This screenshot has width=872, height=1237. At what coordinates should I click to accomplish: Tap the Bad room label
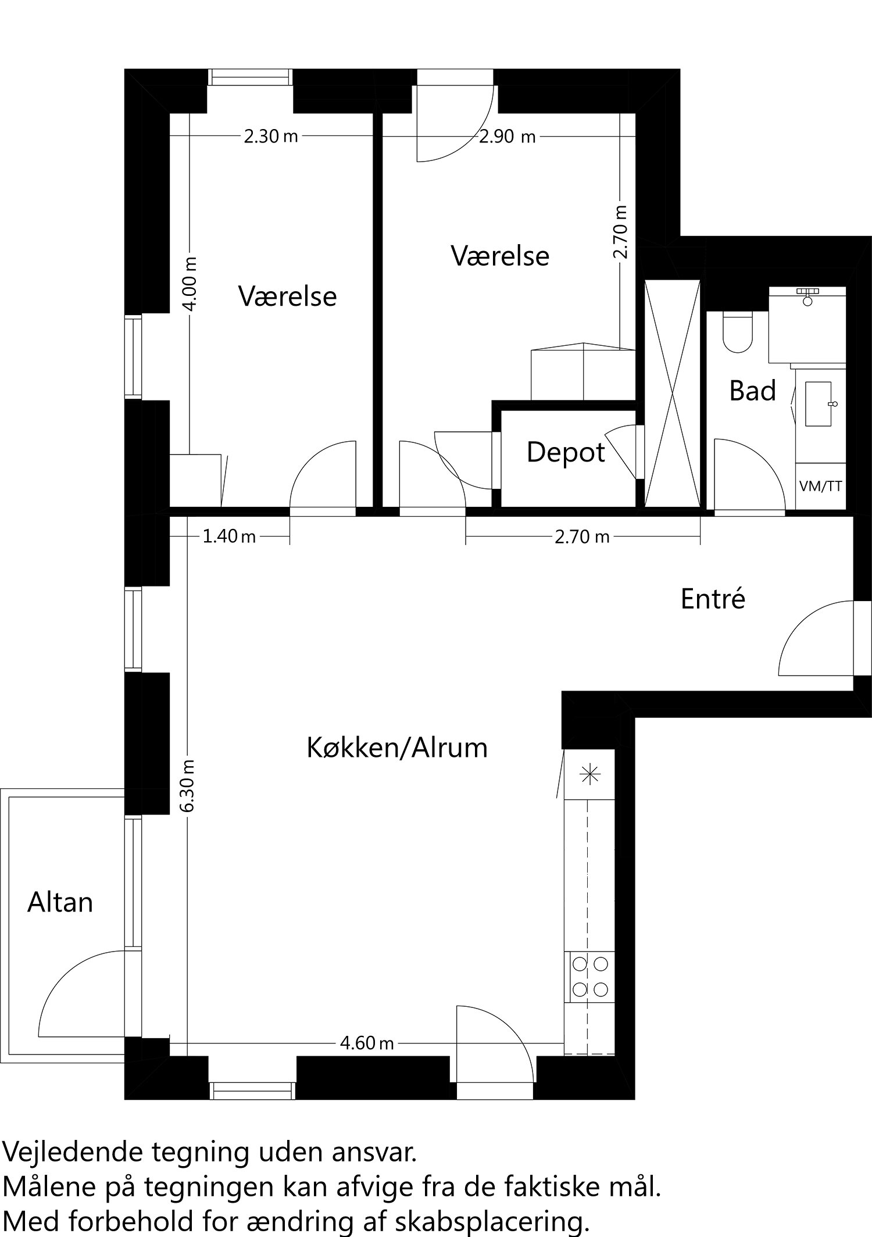pos(753,391)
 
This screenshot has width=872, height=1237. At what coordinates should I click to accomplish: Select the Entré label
pos(713,599)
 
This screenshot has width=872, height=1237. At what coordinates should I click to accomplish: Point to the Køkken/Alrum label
pos(397,748)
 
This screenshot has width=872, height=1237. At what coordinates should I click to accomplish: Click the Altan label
pos(60,903)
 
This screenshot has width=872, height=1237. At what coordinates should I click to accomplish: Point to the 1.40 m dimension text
pos(229,536)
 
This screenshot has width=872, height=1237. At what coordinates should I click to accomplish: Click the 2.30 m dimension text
pos(271,137)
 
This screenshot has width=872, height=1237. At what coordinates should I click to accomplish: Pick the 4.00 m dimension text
pos(191,284)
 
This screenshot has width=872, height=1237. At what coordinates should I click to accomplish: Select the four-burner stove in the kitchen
pos(589,977)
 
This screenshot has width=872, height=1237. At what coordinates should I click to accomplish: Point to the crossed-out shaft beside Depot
pos(672,394)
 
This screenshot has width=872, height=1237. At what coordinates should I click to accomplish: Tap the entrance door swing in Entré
pos(816,638)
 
